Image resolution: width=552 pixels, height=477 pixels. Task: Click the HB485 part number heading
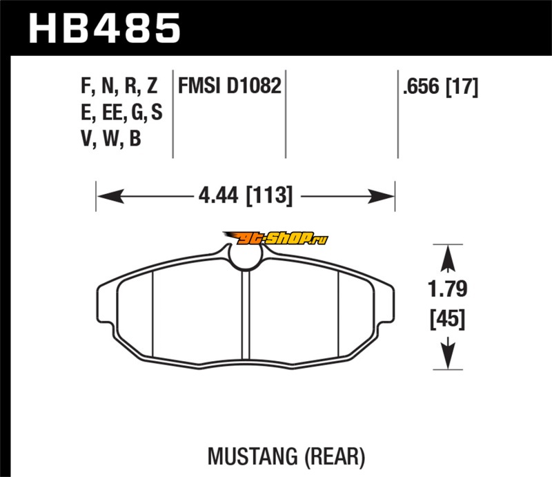point(104,28)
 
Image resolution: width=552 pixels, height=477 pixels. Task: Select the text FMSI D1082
point(230,86)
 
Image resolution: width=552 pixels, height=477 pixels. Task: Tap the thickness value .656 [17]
point(441,87)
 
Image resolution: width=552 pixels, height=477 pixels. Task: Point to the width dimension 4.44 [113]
point(246,195)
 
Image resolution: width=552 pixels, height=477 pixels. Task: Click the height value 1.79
point(447,289)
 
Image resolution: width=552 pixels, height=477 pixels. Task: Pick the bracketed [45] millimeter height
point(447,319)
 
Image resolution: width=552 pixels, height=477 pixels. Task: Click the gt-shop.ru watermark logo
point(275,239)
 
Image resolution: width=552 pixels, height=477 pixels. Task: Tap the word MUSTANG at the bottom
point(253,456)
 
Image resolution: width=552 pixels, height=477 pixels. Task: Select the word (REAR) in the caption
point(335,457)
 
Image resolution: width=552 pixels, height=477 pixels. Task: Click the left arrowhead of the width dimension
point(110,196)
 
